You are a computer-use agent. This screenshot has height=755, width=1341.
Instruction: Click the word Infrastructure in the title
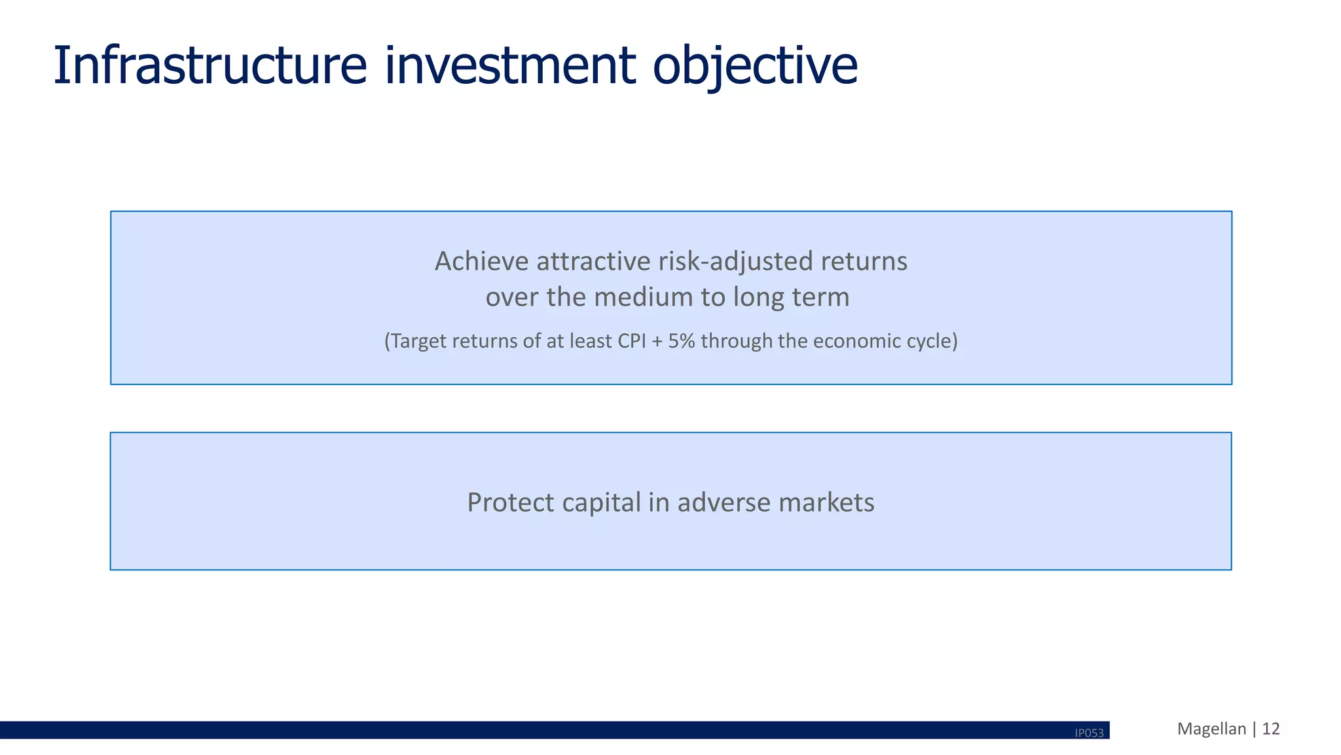point(210,65)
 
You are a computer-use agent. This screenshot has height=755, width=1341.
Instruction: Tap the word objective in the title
point(754,67)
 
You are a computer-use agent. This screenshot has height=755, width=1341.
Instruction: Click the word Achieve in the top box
point(481,261)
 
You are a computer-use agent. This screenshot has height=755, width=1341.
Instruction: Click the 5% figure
point(681,341)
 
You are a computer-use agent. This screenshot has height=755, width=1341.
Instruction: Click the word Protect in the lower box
point(511,503)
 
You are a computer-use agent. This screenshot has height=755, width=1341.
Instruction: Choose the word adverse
point(724,503)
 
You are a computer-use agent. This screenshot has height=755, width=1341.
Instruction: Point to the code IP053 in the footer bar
point(1089,733)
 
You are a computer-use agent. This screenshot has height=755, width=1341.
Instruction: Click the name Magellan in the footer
point(1211,729)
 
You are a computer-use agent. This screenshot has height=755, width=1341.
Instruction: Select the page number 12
point(1270,729)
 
